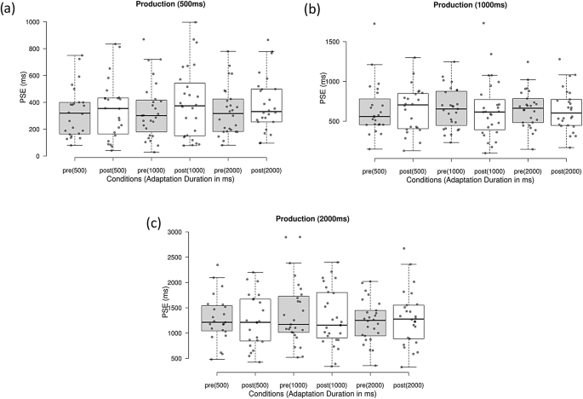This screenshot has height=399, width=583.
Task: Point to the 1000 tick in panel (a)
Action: [40, 22]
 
